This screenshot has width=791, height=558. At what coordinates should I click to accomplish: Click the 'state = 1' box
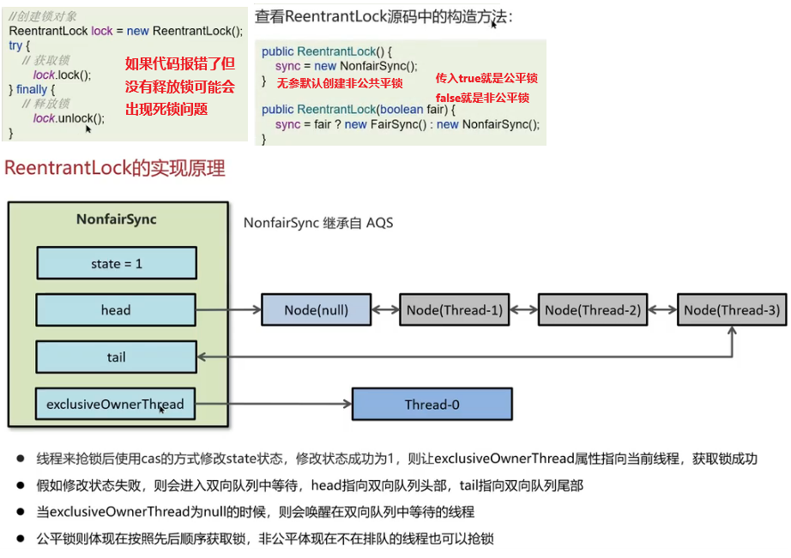(x=117, y=263)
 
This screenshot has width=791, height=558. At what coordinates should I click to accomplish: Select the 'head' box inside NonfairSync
(x=117, y=309)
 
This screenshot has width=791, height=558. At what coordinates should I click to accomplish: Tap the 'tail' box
(x=117, y=357)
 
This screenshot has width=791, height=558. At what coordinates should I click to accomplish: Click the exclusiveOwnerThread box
(x=116, y=404)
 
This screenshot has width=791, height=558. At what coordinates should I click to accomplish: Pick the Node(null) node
(x=317, y=309)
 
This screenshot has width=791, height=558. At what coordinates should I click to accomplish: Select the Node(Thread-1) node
(x=454, y=309)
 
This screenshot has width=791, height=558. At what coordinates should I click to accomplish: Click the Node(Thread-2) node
(x=593, y=309)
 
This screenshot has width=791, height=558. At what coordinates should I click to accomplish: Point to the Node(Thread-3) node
(x=732, y=309)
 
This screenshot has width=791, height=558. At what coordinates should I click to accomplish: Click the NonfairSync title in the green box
(x=117, y=219)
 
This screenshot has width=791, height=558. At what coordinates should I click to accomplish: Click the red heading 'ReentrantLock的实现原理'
(x=115, y=168)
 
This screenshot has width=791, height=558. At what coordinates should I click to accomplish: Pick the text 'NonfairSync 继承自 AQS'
(x=318, y=223)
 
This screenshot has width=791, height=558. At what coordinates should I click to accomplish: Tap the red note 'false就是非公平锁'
(x=482, y=98)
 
